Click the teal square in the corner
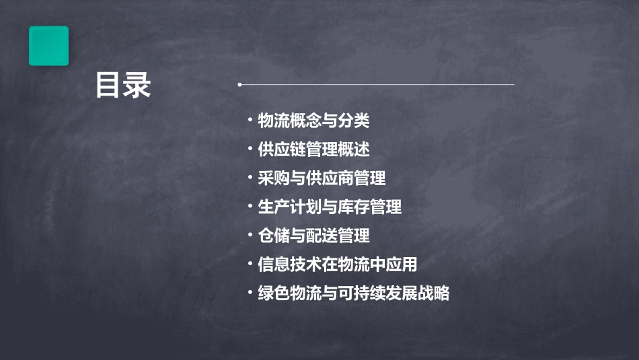(x=48, y=46)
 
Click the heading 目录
(x=123, y=86)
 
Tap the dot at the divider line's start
(x=239, y=85)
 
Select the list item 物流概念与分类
(x=313, y=121)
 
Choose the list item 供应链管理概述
(x=313, y=149)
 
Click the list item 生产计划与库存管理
(x=330, y=207)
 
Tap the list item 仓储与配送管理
(x=313, y=236)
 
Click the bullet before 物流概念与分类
(x=250, y=121)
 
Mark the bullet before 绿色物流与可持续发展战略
(x=250, y=293)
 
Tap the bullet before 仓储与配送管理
(x=250, y=236)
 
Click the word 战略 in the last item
(x=434, y=293)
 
